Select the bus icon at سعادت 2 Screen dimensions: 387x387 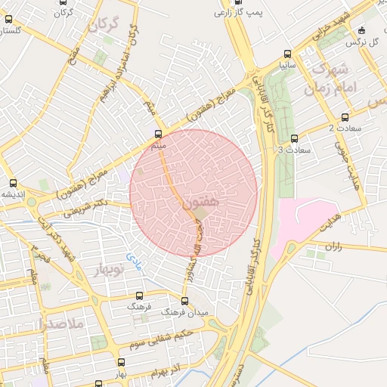pos(345,117)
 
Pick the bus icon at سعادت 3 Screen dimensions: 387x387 pos(294,138)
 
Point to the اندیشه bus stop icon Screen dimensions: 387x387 pos(13,182)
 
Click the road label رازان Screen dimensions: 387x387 pos(333,246)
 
